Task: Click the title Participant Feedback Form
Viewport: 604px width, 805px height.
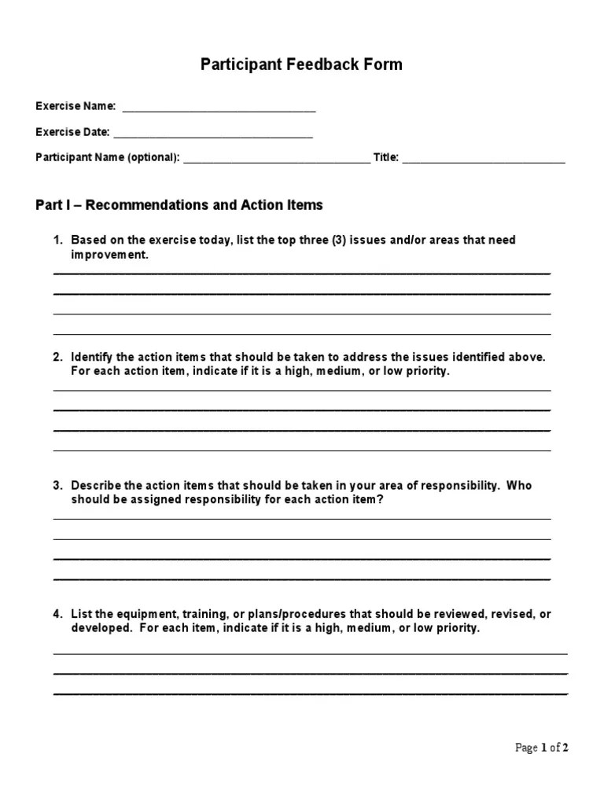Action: coord(301,64)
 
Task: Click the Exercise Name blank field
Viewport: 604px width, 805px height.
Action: coord(219,108)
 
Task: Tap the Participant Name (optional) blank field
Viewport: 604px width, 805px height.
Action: coord(276,160)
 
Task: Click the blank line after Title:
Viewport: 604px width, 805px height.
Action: coord(484,160)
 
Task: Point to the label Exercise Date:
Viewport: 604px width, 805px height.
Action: coord(72,132)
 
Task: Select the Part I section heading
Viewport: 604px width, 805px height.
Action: coord(179,205)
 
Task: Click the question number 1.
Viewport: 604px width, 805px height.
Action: coord(57,240)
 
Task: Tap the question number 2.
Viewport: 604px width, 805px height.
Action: coord(57,357)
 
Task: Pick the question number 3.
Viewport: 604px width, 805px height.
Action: coord(57,485)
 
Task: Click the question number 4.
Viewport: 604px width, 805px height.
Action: coord(57,613)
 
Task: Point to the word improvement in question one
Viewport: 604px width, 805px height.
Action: coord(109,255)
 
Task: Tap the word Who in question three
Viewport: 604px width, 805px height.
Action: coord(519,485)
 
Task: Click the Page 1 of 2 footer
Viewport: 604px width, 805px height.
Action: coord(541,748)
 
